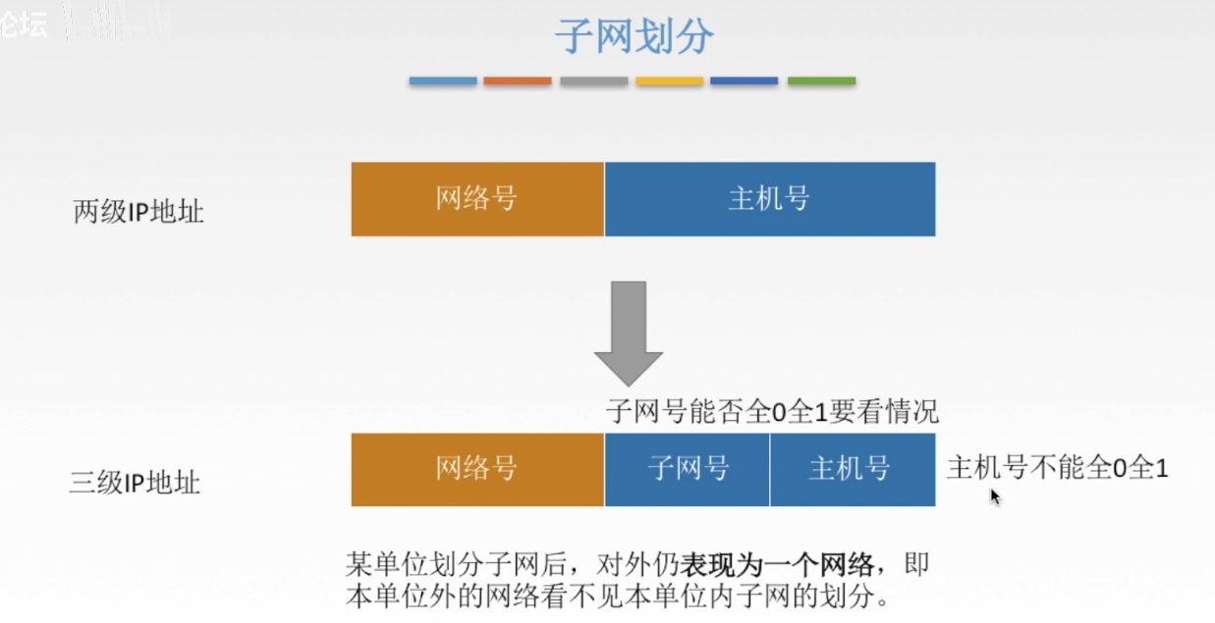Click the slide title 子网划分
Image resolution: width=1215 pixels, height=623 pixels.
pyautogui.click(x=635, y=37)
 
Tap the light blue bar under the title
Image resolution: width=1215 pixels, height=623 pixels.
pyautogui.click(x=443, y=81)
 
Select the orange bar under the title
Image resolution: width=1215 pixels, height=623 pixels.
pyautogui.click(x=518, y=81)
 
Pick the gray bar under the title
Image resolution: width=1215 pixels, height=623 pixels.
pyautogui.click(x=594, y=81)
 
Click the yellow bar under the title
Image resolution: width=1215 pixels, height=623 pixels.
pyautogui.click(x=670, y=81)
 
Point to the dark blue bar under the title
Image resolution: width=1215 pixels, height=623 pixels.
pyautogui.click(x=745, y=81)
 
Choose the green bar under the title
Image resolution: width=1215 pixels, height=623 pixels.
pyautogui.click(x=821, y=81)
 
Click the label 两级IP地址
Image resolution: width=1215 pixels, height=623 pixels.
pyautogui.click(x=138, y=212)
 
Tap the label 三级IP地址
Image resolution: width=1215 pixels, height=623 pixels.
pyautogui.click(x=136, y=483)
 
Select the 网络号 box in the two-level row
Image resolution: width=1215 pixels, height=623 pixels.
pyautogui.click(x=477, y=199)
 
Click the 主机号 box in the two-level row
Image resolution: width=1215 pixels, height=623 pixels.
pyautogui.click(x=770, y=199)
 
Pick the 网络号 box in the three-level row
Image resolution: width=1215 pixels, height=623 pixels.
pyautogui.click(x=477, y=469)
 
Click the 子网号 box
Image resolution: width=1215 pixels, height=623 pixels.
pyautogui.click(x=688, y=469)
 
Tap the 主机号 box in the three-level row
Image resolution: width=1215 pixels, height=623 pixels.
pyautogui.click(x=852, y=469)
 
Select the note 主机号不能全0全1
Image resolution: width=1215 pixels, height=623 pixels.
pyautogui.click(x=1058, y=468)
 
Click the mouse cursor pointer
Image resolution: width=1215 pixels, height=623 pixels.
pyautogui.click(x=994, y=495)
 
